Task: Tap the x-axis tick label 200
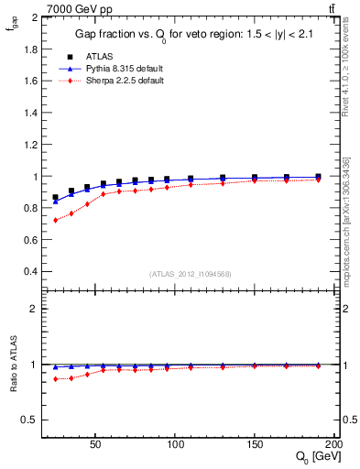333,442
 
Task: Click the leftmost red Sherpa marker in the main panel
56,220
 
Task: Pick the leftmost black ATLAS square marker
56,197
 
